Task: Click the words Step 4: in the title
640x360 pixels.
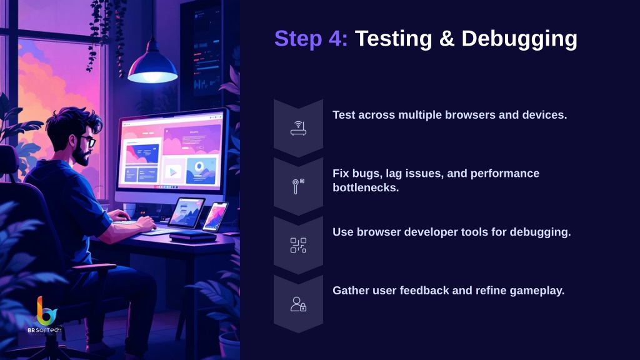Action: click(311, 39)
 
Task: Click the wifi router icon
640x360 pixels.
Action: click(298, 128)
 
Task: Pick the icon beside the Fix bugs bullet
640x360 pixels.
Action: click(298, 186)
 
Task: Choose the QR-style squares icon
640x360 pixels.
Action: click(298, 245)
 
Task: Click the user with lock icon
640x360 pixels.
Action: click(298, 304)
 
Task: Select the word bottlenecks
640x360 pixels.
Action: click(366, 187)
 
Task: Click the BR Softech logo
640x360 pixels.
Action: click(45, 315)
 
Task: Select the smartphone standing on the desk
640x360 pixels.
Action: click(215, 216)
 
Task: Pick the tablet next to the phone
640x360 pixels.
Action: click(186, 212)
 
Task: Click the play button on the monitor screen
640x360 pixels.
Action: click(173, 172)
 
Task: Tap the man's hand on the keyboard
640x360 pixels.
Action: click(146, 223)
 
